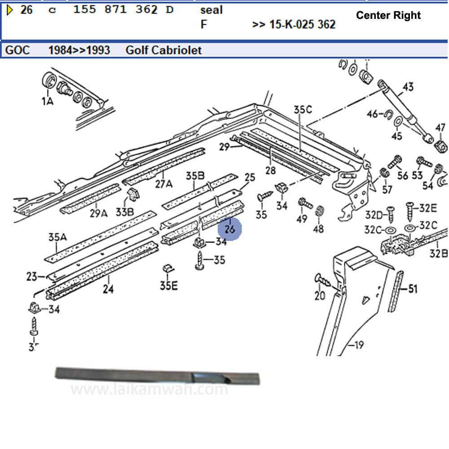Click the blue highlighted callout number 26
point(230,229)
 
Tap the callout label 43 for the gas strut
point(408,86)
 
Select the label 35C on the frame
point(303,109)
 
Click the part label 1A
point(48,101)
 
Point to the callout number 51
point(412,289)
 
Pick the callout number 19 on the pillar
point(359,345)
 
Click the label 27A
point(163,184)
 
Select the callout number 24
point(108,289)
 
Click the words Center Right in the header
point(388,15)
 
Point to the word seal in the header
point(211,9)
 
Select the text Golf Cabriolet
point(163,50)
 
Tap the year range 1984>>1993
point(79,50)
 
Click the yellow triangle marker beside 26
point(9,9)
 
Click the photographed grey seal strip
point(157,376)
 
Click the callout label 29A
point(98,213)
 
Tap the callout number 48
point(318,229)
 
